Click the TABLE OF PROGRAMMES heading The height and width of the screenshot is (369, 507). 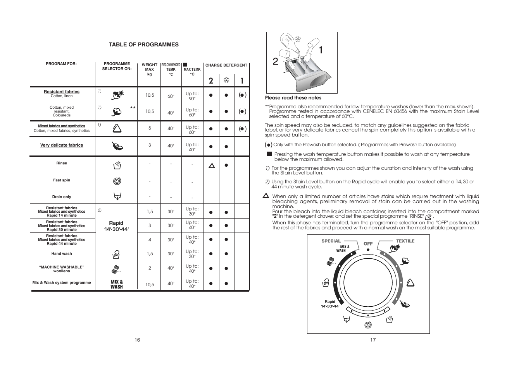point(143,44)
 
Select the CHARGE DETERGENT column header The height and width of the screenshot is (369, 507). point(226,65)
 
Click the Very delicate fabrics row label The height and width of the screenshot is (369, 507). point(62,145)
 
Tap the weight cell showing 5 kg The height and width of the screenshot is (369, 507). point(150,128)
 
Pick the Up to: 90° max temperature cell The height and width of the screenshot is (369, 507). point(192,96)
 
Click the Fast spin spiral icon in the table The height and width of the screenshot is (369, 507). point(117,181)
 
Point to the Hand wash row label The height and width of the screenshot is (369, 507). point(62,254)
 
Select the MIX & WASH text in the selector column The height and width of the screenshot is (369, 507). point(116,284)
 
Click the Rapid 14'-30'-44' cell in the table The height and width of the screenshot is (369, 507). point(116,226)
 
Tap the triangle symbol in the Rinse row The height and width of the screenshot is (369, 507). point(211,166)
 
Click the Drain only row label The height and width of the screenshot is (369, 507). point(62,197)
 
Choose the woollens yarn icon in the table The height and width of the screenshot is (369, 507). point(116,268)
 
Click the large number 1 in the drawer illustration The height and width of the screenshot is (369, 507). point(321,50)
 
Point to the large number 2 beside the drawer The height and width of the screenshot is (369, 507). point(275,62)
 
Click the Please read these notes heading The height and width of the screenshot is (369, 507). point(293,98)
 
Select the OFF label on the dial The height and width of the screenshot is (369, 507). point(368,244)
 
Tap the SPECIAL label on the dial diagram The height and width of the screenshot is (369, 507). point(331,241)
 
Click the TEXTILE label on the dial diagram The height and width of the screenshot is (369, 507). point(405,241)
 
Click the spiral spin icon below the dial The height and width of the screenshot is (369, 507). point(368,325)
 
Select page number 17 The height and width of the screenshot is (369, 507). point(373,340)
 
